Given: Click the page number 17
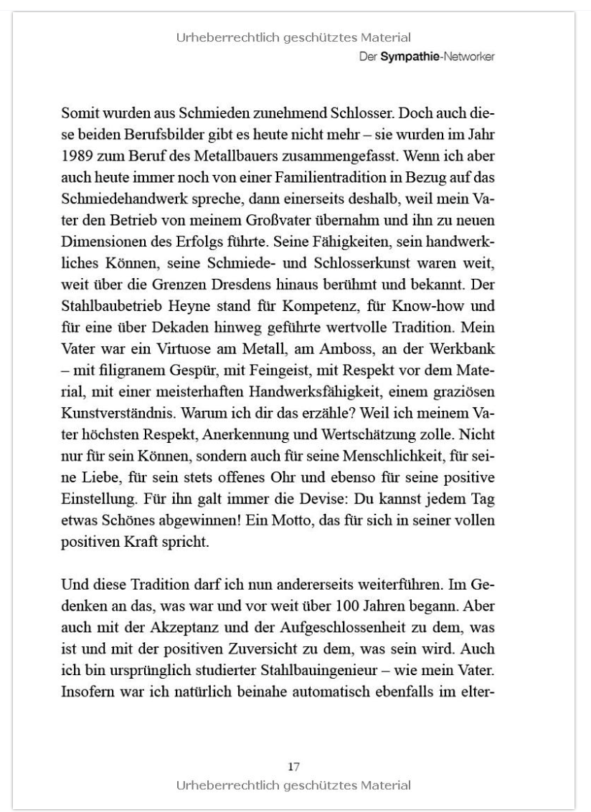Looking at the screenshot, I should tap(293, 767).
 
